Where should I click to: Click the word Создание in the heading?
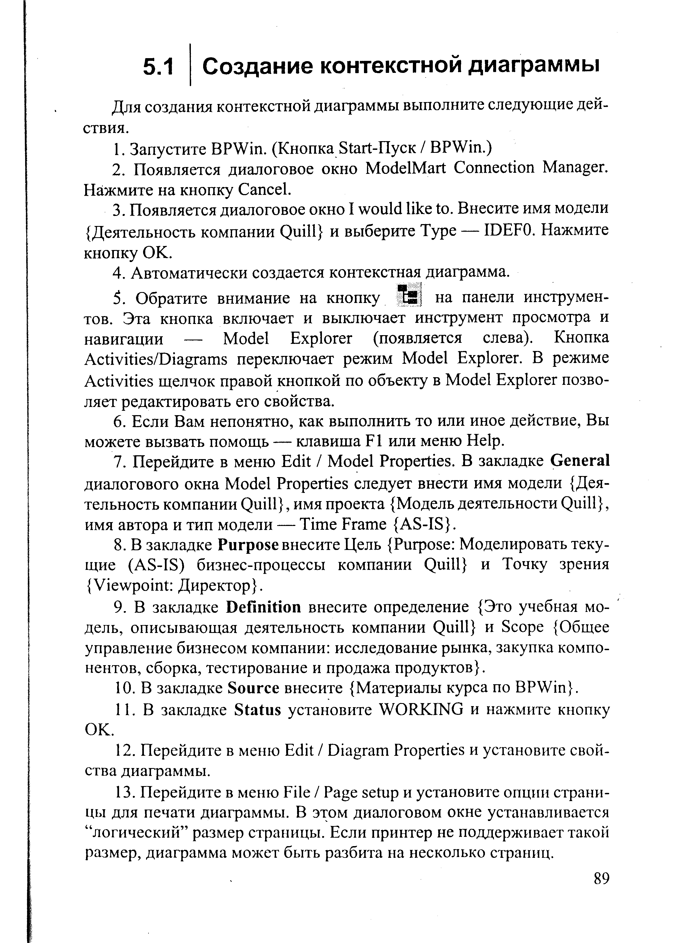257,66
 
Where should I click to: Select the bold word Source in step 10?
253,688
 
